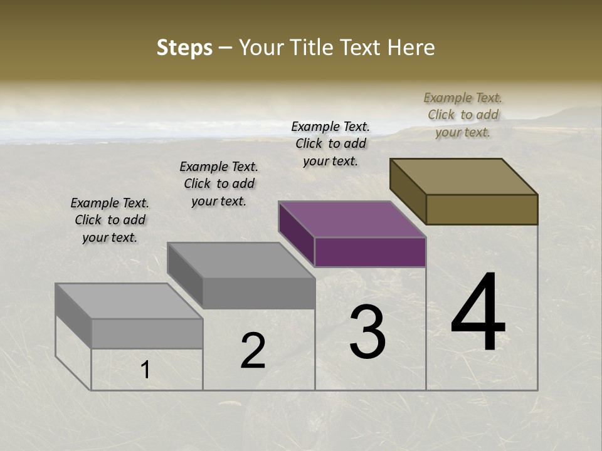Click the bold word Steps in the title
pos(184,48)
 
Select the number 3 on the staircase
pos(367,332)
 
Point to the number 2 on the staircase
pos(253,351)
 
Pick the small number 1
pos(145,370)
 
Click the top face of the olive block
pos(464,177)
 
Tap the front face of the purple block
pos(370,252)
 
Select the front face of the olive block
pos(482,209)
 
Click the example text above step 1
pos(110,220)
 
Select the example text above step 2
pos(219,184)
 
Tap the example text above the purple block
pos(330,143)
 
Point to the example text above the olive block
pos(463,115)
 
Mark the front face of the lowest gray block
pos(147,333)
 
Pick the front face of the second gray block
pos(258,293)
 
